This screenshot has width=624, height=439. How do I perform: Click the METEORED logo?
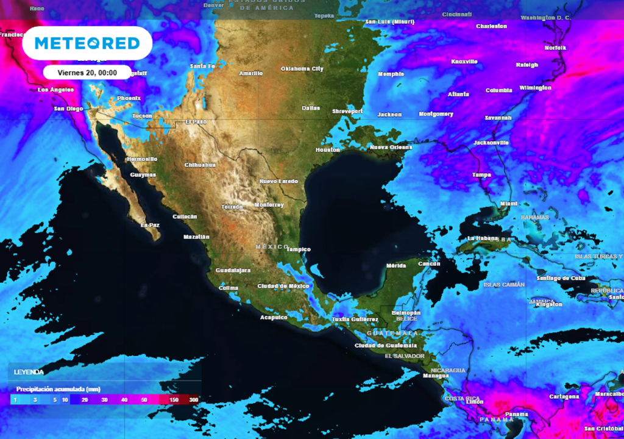click(87, 43)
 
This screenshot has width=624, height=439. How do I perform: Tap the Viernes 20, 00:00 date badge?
click(87, 72)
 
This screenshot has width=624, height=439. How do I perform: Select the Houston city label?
click(328, 150)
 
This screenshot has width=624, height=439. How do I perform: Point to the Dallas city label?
click(311, 109)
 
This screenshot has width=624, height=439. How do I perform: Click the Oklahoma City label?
click(302, 69)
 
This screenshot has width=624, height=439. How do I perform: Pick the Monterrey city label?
click(269, 205)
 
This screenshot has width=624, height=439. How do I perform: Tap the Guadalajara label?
click(233, 270)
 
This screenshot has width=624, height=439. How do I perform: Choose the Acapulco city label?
click(274, 318)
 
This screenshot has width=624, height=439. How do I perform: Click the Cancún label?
click(429, 264)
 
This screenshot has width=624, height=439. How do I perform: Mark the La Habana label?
click(483, 238)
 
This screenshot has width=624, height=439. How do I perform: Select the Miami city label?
click(508, 204)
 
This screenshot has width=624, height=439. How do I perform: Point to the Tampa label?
click(481, 175)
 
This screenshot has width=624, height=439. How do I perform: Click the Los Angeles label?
click(55, 90)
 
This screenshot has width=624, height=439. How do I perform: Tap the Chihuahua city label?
click(200, 165)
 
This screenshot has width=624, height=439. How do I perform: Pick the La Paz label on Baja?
click(150, 225)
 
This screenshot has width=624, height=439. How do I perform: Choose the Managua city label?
click(436, 376)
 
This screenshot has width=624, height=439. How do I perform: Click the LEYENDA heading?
click(29, 371)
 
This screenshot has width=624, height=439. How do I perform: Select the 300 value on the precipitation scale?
click(194, 400)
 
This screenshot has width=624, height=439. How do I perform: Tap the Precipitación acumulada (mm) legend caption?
click(58, 389)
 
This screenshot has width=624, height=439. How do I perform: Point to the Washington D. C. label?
click(545, 18)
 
